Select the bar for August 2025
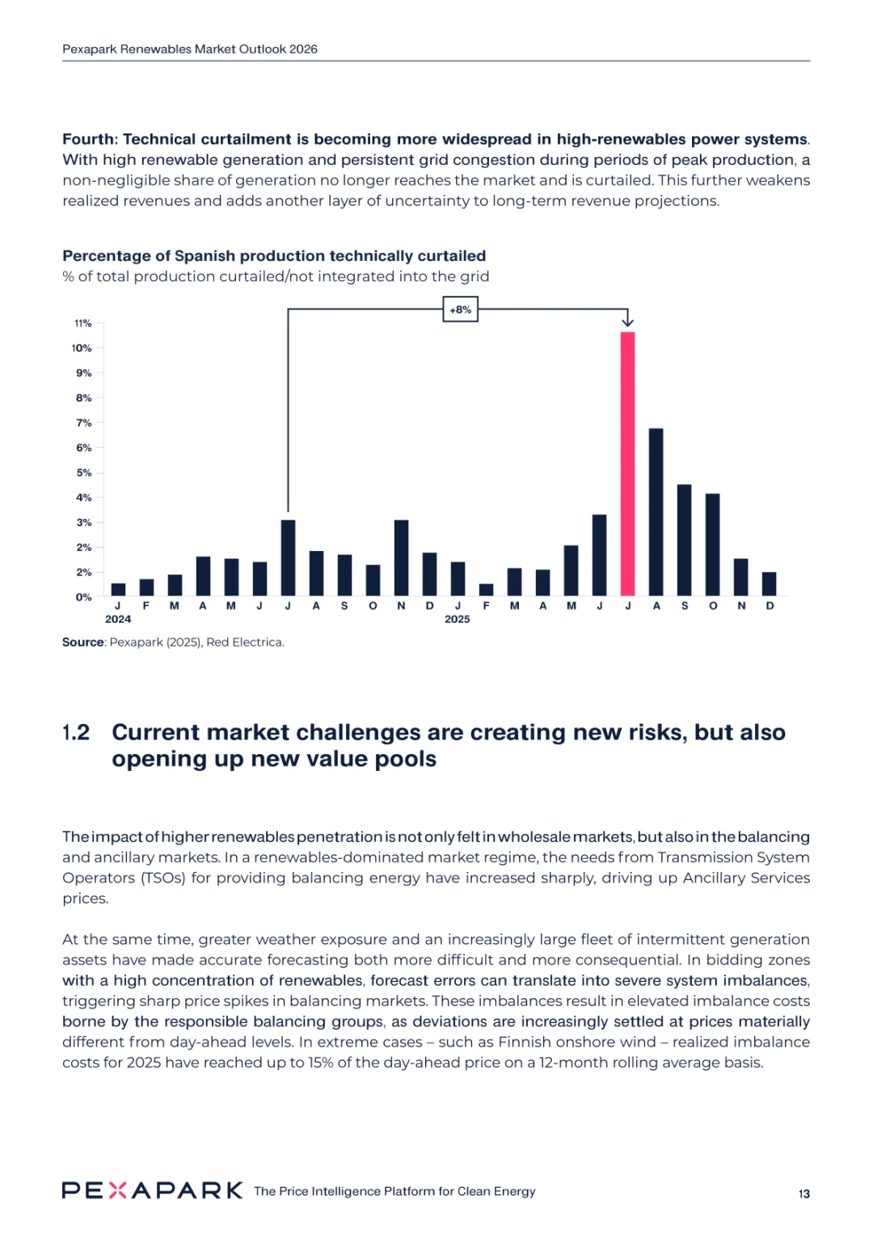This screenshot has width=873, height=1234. tap(656, 512)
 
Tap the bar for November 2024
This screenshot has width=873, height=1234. tap(401, 558)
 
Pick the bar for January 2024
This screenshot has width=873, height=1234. tap(118, 589)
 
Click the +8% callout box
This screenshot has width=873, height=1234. tap(460, 310)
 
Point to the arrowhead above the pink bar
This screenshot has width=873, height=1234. tap(627, 322)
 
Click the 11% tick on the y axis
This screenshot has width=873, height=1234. tap(83, 323)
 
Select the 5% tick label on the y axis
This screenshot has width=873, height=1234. tap(83, 473)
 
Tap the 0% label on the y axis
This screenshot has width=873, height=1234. tap(83, 597)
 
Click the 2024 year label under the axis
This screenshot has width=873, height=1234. tap(118, 619)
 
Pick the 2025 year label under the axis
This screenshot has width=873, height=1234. tap(457, 619)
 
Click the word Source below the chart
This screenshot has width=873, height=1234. tap(82, 642)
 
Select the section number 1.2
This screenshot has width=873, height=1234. tap(76, 733)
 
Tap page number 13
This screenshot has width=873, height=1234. tap(803, 1194)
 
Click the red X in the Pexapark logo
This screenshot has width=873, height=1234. tap(117, 1190)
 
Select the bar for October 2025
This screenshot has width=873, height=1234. tap(712, 545)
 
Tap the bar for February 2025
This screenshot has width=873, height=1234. tap(486, 590)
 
